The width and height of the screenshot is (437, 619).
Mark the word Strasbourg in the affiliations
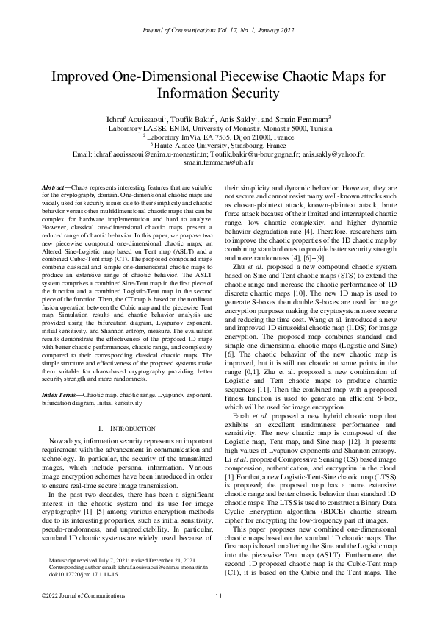pyautogui.click(x=239, y=145)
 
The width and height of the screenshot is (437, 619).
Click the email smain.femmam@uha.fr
pyautogui.click(x=218, y=163)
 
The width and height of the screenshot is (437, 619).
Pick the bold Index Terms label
pyautogui.click(x=55, y=395)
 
